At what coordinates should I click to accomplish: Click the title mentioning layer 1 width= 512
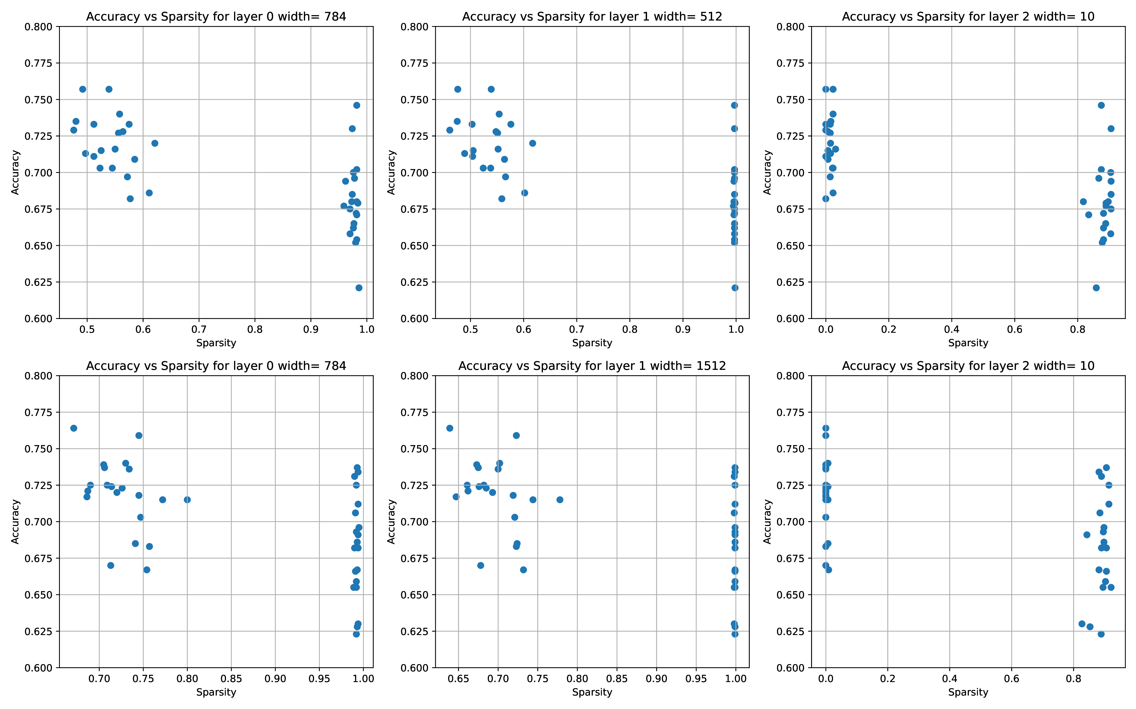[592, 17]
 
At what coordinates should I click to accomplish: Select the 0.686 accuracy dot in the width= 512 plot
[524, 193]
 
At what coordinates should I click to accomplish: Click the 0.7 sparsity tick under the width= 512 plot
[577, 329]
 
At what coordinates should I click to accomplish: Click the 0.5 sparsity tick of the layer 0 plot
[87, 329]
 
